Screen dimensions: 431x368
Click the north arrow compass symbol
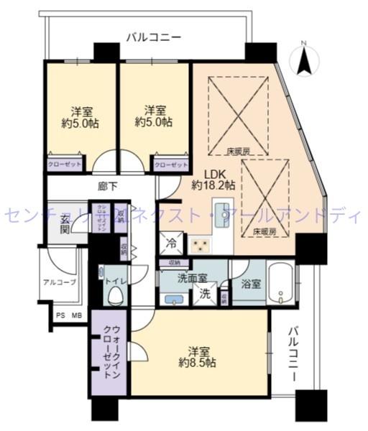click(x=304, y=58)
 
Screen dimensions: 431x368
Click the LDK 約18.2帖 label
click(x=213, y=179)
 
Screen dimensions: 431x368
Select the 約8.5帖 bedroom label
click(x=198, y=357)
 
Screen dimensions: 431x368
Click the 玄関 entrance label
click(x=65, y=223)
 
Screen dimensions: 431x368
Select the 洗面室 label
click(x=193, y=277)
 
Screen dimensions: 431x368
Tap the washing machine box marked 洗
click(x=204, y=293)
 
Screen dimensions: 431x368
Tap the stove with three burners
click(x=199, y=245)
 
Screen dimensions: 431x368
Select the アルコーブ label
click(x=59, y=282)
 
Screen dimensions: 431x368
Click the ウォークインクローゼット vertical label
click(x=108, y=353)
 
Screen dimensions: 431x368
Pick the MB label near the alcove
click(x=76, y=315)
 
